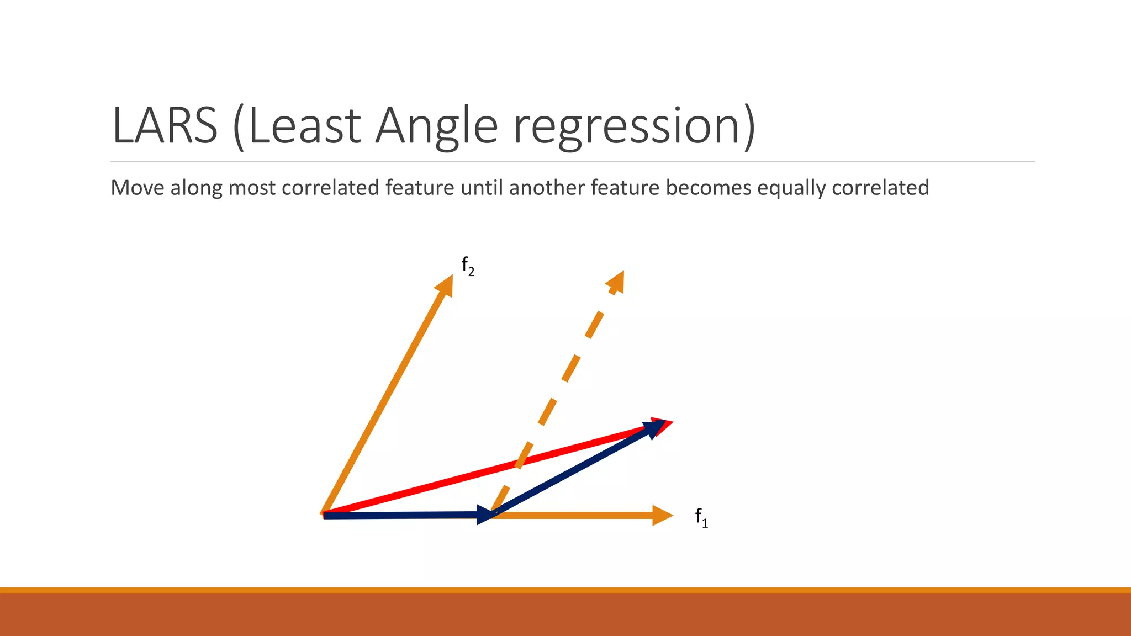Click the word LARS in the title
(x=165, y=126)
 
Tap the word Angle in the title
(x=437, y=126)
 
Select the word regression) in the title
(x=633, y=126)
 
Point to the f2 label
(x=468, y=266)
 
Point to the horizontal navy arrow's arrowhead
(x=484, y=515)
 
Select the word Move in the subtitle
(x=137, y=188)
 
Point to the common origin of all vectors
(x=325, y=515)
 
